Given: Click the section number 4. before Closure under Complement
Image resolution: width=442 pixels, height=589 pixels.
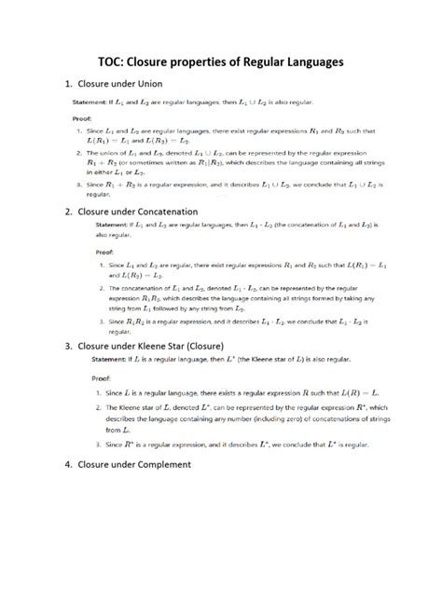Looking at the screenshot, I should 68,463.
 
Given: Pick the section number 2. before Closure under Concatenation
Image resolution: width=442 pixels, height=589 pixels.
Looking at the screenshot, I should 68,212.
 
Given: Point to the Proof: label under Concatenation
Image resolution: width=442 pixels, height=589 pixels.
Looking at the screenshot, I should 104,252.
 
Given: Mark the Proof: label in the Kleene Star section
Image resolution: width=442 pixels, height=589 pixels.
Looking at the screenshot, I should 104,379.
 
